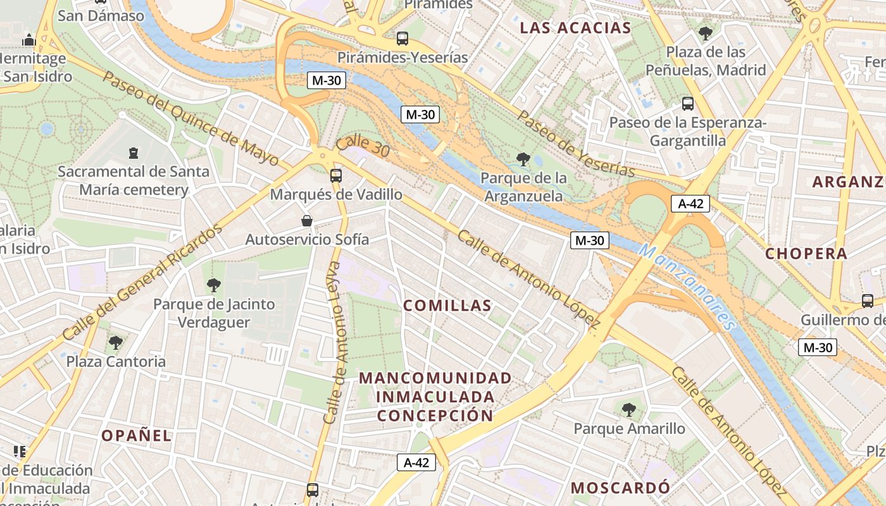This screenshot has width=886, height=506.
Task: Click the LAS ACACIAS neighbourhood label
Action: pyautogui.click(x=575, y=28)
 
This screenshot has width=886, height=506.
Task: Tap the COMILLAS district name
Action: pyautogui.click(x=447, y=305)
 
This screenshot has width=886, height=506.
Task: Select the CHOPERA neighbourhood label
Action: pyautogui.click(x=806, y=254)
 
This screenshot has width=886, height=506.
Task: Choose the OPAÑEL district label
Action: pyautogui.click(x=136, y=435)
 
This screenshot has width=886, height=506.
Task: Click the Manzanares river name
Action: pyautogui.click(x=689, y=287)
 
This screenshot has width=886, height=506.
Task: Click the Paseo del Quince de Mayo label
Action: pyautogui.click(x=190, y=118)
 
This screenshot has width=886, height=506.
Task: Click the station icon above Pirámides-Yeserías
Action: pyautogui.click(x=402, y=38)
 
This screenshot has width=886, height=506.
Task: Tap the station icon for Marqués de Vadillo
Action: pyautogui.click(x=336, y=176)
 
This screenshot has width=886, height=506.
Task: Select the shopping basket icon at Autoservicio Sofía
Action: pyautogui.click(x=307, y=221)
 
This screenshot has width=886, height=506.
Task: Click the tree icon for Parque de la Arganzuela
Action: pyautogui.click(x=523, y=159)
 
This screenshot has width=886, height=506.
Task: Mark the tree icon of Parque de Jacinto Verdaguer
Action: pyautogui.click(x=214, y=285)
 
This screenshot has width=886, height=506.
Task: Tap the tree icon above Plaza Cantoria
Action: pyautogui.click(x=116, y=342)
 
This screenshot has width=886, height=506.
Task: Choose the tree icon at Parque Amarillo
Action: pyautogui.click(x=628, y=410)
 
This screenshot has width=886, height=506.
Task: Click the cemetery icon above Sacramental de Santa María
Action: pyautogui.click(x=134, y=152)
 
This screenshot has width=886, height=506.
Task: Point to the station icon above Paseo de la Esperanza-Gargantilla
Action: pyautogui.click(x=688, y=103)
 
